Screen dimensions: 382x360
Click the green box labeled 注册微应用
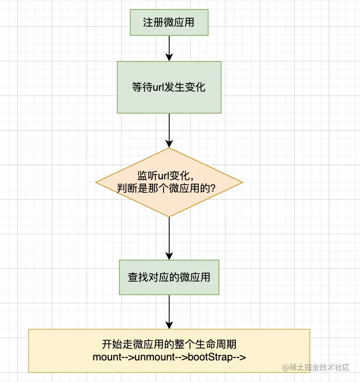coord(169,22)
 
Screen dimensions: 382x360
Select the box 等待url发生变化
coord(169,87)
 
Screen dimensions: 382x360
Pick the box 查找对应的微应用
coord(169,277)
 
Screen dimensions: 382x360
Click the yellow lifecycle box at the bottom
coord(169,350)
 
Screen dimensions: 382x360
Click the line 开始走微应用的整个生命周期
coord(169,345)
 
